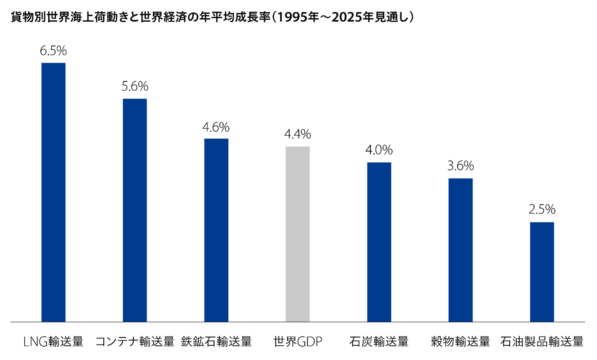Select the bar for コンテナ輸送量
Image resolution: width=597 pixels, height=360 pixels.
(x=134, y=210)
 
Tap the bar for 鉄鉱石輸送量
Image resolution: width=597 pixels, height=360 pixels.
(x=216, y=230)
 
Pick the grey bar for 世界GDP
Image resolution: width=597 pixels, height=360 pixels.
(x=298, y=234)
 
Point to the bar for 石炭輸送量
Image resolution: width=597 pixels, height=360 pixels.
(x=379, y=242)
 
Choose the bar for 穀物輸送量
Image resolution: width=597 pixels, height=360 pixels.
(x=460, y=250)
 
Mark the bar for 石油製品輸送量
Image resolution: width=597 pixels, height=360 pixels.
(x=542, y=272)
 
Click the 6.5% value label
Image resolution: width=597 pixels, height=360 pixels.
(x=53, y=51)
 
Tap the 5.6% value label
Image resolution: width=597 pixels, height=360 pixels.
(x=134, y=87)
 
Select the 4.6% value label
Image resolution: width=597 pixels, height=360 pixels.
(x=216, y=127)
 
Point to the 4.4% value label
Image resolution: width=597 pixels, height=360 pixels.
(x=298, y=135)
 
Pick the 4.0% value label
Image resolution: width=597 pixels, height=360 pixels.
(x=379, y=151)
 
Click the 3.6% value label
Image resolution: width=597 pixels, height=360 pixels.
(x=460, y=167)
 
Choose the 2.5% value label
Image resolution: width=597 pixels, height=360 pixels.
(x=542, y=210)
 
